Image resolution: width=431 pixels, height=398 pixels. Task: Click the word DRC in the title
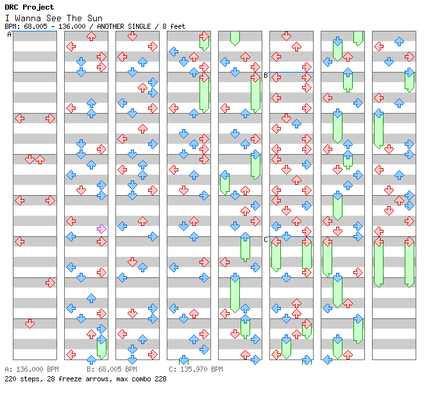tap(12, 7)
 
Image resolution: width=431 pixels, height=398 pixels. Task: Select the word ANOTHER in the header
tap(116, 26)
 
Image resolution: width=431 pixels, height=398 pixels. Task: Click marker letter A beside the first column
tap(9, 34)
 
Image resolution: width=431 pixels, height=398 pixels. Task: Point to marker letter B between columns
tap(266, 75)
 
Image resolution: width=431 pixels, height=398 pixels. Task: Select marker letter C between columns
tap(266, 239)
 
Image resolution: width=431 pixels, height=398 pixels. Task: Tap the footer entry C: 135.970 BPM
tap(196, 370)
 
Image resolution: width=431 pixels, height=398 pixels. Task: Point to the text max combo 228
tap(142, 379)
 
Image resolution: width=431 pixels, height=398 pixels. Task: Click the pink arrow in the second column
tap(101, 229)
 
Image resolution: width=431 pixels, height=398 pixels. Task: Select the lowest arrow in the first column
tap(30, 324)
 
